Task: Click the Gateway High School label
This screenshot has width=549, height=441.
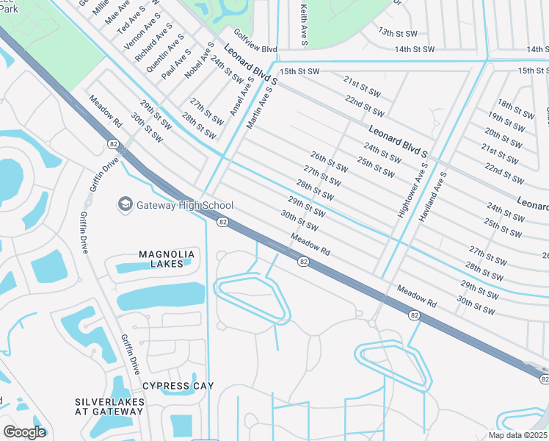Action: coord(185,205)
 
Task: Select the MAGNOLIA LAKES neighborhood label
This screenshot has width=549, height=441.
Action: coord(167,259)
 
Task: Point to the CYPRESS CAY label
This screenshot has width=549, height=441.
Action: coord(178,386)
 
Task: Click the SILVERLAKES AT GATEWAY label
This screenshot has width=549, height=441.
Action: coord(109,406)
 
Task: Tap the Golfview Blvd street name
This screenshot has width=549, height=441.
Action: coord(255,41)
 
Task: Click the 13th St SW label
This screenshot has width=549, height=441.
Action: coord(396,32)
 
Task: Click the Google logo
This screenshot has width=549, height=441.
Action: coord(23,432)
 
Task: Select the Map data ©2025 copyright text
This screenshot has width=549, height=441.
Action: coord(517,435)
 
